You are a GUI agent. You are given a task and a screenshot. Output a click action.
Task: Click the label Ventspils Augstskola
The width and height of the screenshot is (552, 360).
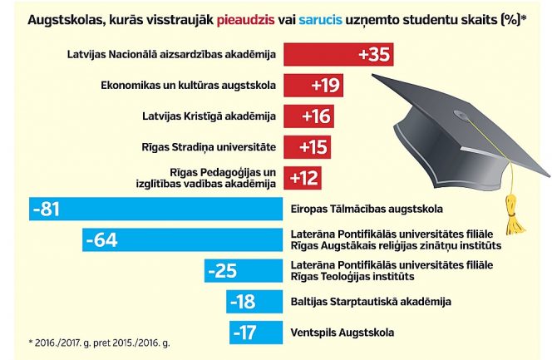pos(343,333)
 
